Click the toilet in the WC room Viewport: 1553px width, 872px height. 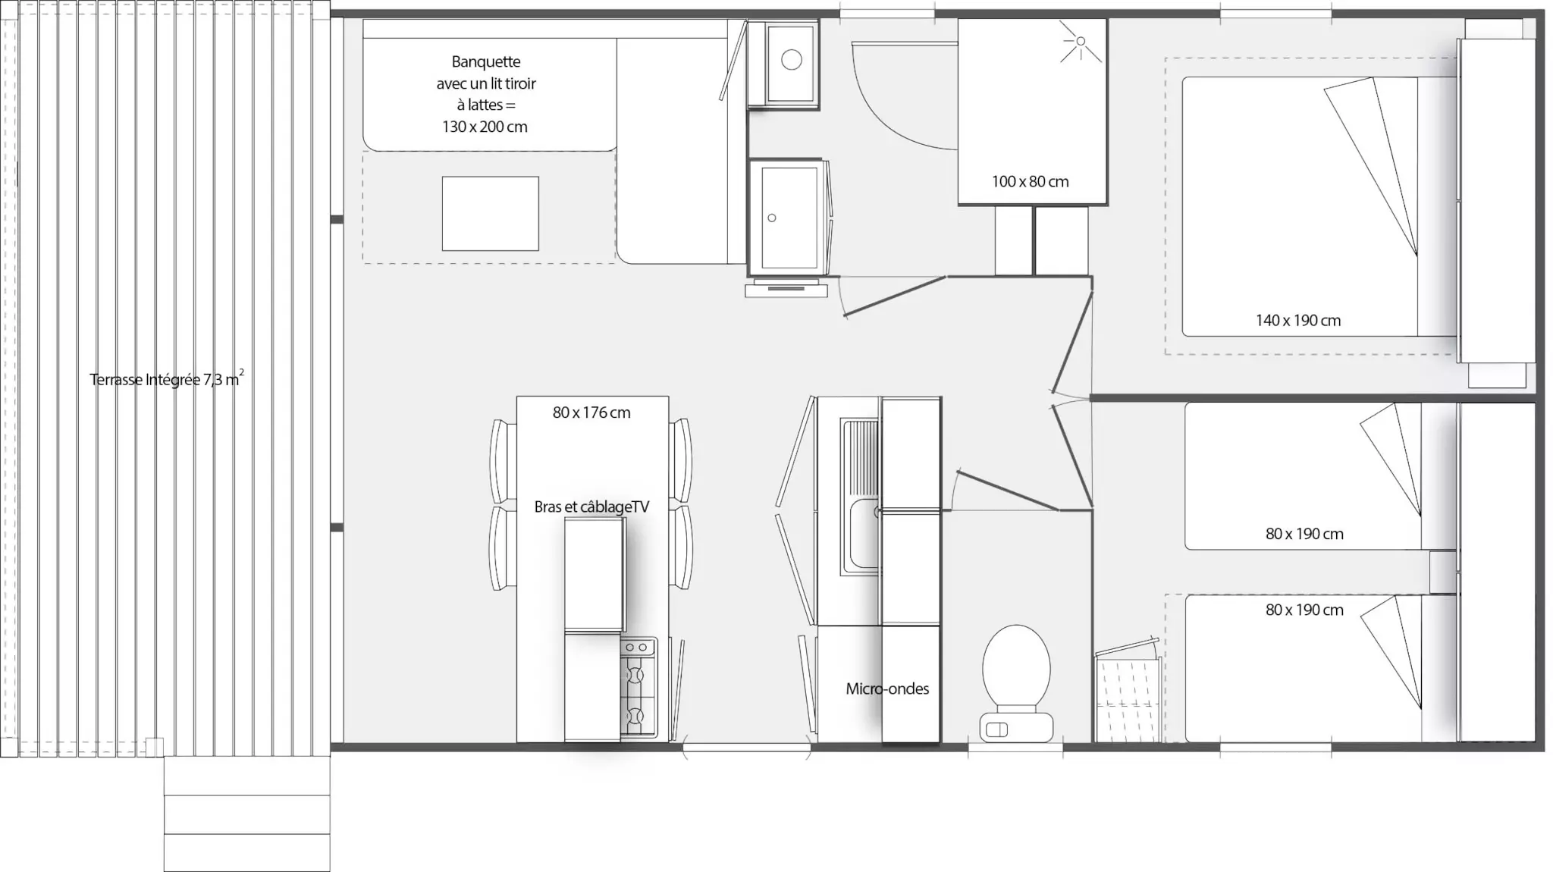point(1016,682)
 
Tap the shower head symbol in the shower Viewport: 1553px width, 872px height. point(1081,42)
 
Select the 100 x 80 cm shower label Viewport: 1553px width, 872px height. point(1030,182)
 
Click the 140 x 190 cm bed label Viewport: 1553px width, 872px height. point(1298,321)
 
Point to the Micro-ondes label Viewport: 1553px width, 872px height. point(887,689)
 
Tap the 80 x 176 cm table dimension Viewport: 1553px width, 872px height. point(591,412)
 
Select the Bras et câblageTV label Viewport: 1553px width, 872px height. point(591,507)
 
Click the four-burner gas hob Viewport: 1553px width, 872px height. point(638,687)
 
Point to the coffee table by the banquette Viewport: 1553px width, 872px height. point(491,214)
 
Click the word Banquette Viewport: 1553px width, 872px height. point(486,61)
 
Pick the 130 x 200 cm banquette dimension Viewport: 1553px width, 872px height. point(485,127)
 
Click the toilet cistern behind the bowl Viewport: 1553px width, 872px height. point(1016,728)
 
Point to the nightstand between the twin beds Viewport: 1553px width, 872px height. point(1444,572)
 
